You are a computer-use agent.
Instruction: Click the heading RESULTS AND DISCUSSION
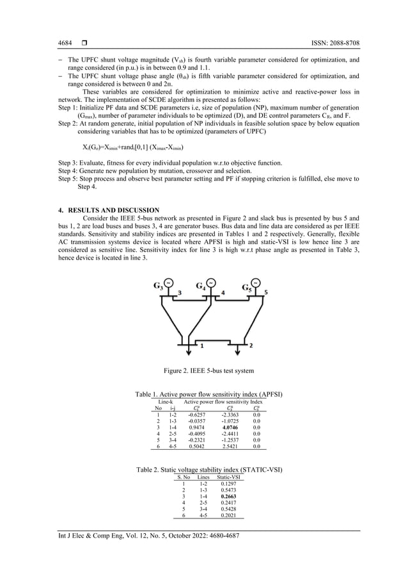click(x=109, y=210)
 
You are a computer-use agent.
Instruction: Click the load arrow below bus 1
click(x=189, y=352)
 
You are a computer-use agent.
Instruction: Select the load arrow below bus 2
click(x=238, y=352)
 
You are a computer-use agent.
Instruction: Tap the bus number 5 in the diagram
click(x=266, y=292)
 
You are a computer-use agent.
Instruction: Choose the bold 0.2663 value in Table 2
click(x=230, y=495)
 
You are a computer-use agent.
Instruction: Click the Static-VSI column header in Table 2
click(x=229, y=477)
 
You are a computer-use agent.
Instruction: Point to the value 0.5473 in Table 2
click(x=230, y=489)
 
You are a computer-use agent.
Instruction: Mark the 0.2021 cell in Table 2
click(x=230, y=515)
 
